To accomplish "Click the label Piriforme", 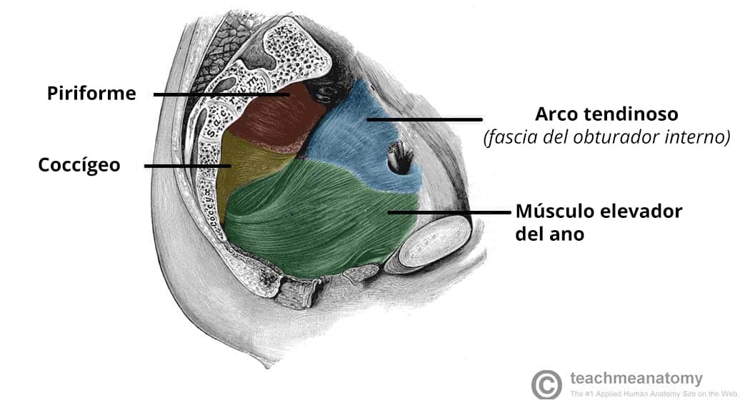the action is coord(91,93).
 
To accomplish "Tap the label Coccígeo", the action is coord(79,165).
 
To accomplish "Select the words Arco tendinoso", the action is coord(606,114).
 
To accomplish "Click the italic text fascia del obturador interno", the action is coord(607,137).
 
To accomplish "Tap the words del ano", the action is coord(549,234).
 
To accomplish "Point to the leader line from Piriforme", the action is coord(221,94).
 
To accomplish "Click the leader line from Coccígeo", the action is coord(188,166).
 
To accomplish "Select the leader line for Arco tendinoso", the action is coord(424,119).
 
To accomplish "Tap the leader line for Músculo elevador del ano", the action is coord(449,212).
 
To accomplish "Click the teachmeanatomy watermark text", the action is coord(636,378).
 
